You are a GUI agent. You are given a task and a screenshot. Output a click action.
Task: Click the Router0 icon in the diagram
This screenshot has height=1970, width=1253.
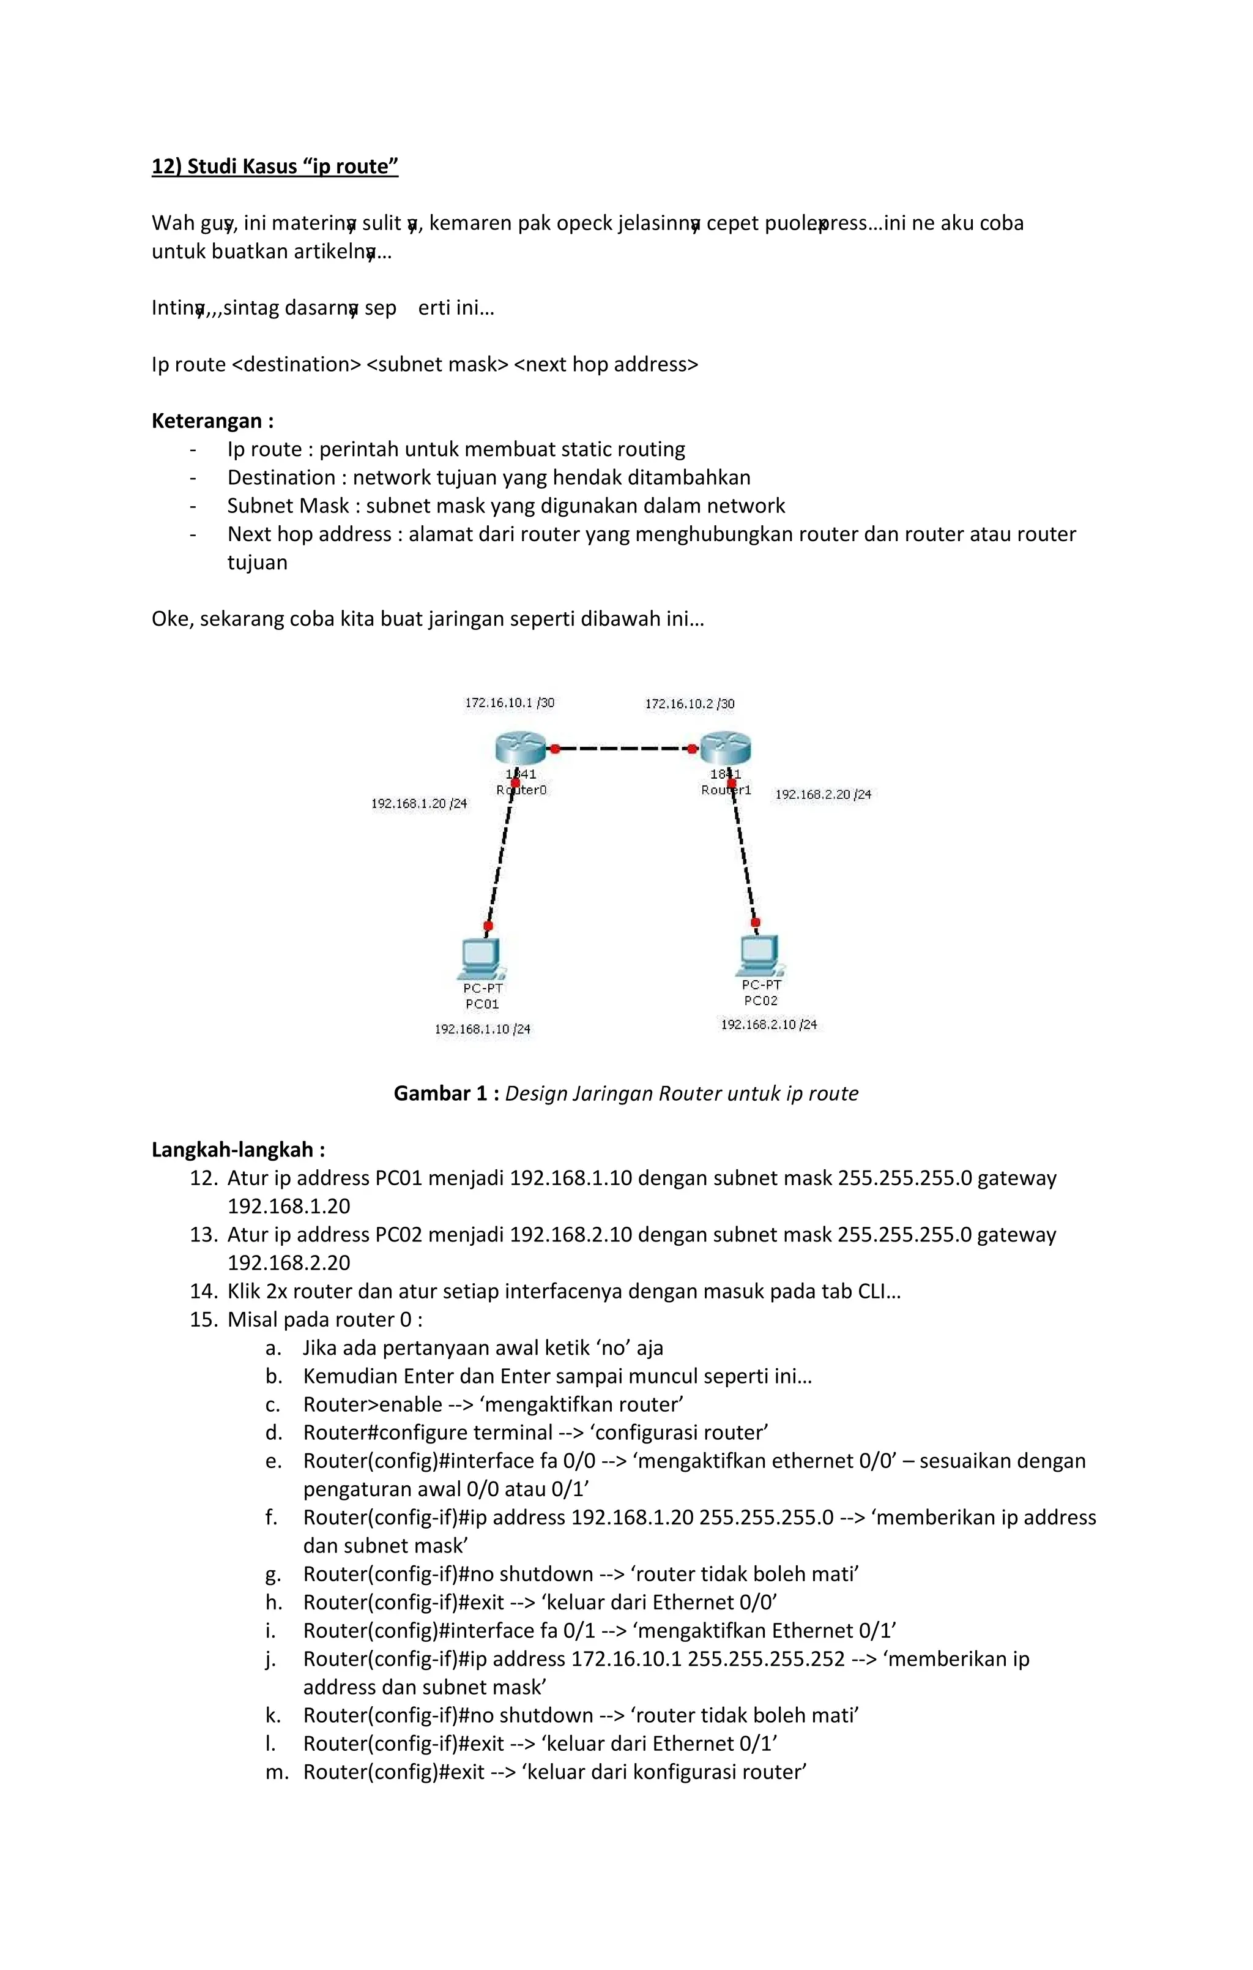click(520, 747)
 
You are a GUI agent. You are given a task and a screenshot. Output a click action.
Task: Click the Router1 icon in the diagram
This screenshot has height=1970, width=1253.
click(726, 747)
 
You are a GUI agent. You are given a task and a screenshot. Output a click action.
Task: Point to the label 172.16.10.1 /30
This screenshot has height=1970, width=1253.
click(510, 703)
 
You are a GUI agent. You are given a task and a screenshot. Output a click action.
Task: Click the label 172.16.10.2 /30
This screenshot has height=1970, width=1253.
click(690, 703)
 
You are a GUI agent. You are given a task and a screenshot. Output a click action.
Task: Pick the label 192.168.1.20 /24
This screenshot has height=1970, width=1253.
click(418, 803)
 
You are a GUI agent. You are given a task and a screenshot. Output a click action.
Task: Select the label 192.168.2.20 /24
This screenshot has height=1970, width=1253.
click(823, 795)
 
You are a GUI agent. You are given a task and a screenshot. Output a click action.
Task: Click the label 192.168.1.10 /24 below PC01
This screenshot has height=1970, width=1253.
click(483, 1029)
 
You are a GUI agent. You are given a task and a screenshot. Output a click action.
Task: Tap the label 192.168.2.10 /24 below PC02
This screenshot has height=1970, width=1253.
click(769, 1024)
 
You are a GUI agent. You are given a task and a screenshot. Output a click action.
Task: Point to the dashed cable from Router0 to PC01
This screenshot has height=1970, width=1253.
click(500, 856)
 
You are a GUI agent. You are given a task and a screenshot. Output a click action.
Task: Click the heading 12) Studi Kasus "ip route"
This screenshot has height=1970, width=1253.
click(275, 167)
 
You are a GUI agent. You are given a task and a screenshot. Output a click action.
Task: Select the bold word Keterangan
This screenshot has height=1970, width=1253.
click(207, 421)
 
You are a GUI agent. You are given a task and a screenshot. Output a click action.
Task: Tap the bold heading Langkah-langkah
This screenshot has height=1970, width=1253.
click(233, 1150)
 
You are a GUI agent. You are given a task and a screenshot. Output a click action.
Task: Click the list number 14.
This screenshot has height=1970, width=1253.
click(204, 1292)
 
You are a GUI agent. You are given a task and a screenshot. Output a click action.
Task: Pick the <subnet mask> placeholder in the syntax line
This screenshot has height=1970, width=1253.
click(437, 365)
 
